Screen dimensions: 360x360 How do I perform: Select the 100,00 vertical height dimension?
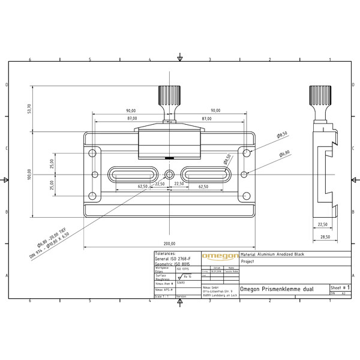28,174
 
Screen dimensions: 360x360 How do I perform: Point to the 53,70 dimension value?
28,109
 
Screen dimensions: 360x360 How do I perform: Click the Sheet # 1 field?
340,289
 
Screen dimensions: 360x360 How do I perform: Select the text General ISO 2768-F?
174,258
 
